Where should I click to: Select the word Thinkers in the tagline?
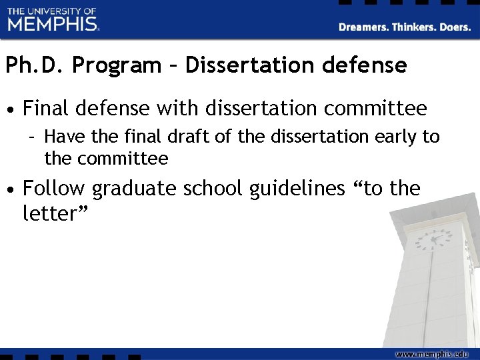416,27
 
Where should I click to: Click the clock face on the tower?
437,238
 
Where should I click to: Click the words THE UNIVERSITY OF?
52,11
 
